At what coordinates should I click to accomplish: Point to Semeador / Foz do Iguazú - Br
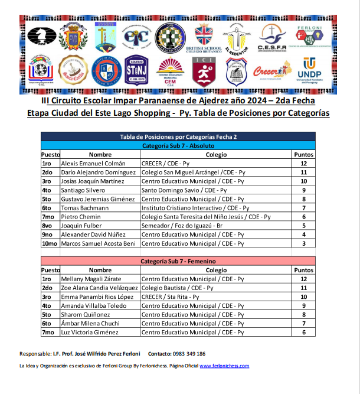(182, 225)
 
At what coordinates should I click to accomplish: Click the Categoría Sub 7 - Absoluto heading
(179, 145)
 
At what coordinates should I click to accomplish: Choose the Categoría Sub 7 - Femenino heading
(178, 261)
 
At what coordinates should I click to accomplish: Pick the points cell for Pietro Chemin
(303, 217)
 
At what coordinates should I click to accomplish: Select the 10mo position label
(50, 243)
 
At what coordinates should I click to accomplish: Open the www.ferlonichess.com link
(224, 366)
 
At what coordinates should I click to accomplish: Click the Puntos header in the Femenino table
(303, 269)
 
